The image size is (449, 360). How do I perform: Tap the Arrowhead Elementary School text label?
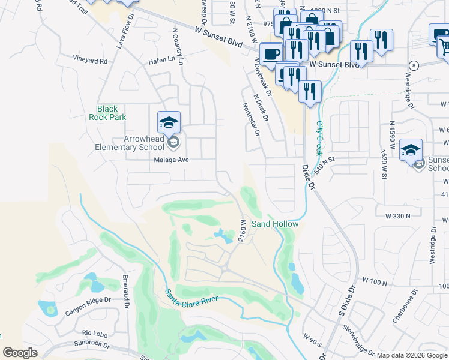(129, 143)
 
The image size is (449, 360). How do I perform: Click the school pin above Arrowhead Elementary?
(169, 123)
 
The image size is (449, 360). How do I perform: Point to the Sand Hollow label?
(274, 224)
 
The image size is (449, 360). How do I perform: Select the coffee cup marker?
(271, 53)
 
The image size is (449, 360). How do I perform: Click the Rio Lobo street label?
(95, 332)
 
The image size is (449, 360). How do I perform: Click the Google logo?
(20, 353)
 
